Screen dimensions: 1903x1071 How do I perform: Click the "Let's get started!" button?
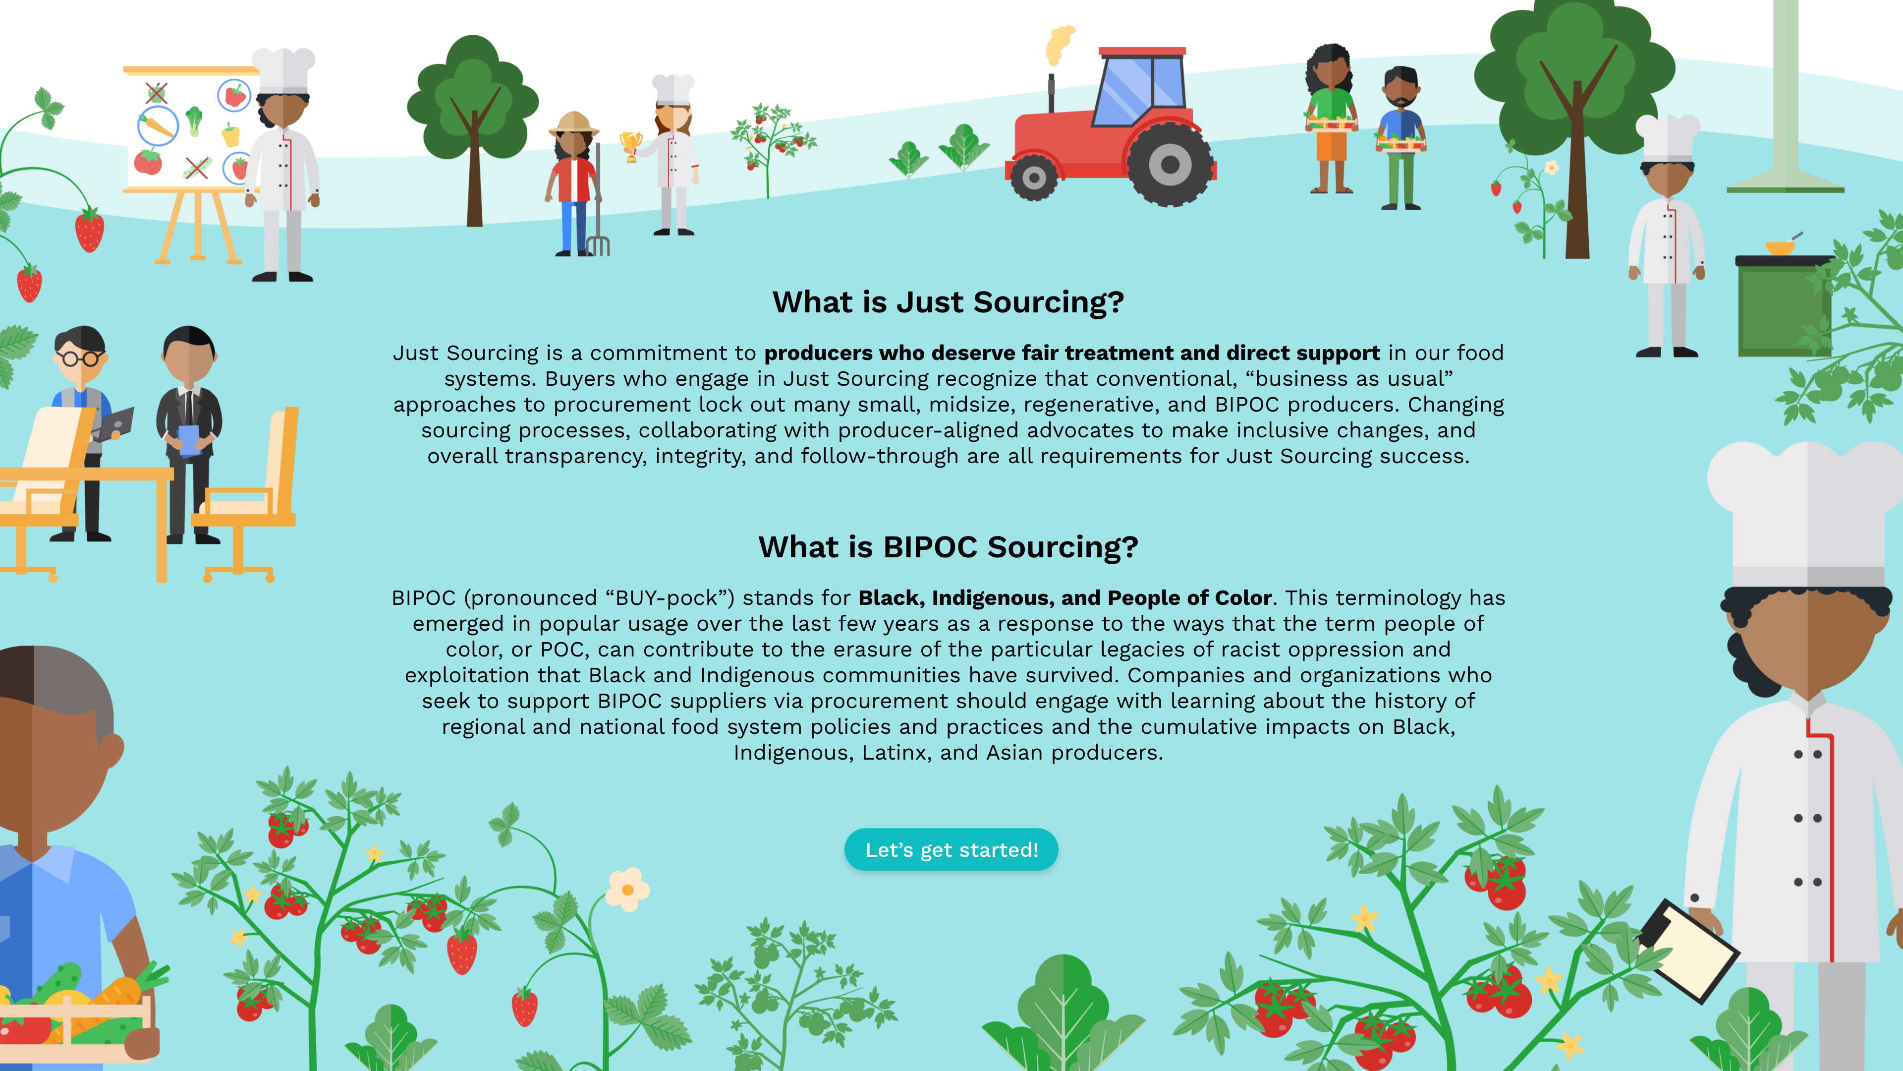pyautogui.click(x=951, y=849)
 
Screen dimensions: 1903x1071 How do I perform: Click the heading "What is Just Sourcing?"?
pyautogui.click(x=949, y=302)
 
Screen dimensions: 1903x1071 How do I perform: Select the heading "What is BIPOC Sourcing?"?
pyautogui.click(x=949, y=547)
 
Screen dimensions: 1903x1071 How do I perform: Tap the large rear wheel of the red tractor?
pyautogui.click(x=1170, y=164)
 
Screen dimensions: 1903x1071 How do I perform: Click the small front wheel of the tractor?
pyautogui.click(x=1033, y=178)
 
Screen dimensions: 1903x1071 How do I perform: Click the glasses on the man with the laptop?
pyautogui.click(x=80, y=359)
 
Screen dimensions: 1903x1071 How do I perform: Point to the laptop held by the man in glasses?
pyautogui.click(x=114, y=424)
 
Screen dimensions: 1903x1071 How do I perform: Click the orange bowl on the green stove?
pyautogui.click(x=1780, y=247)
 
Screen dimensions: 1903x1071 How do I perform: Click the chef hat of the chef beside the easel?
pyautogui.click(x=283, y=71)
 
